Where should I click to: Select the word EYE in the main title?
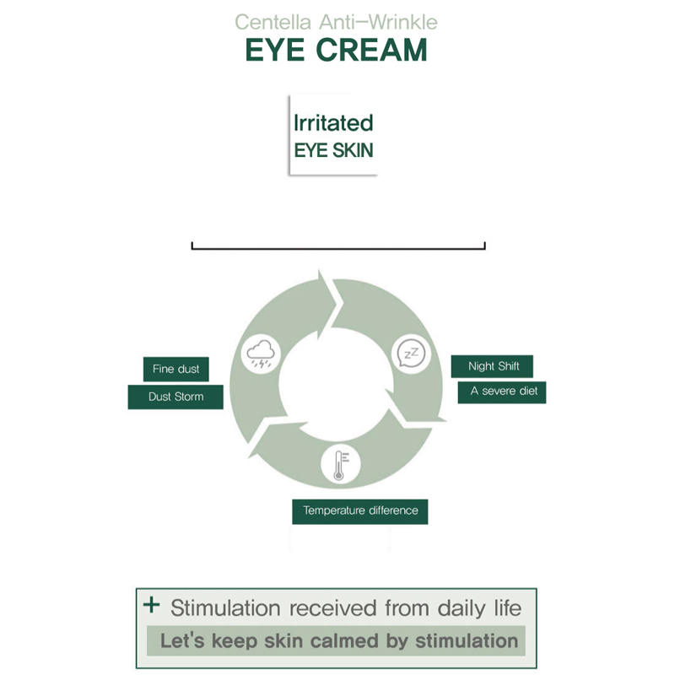click(x=276, y=50)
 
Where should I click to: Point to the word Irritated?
click(x=332, y=123)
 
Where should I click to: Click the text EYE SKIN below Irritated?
click(x=332, y=151)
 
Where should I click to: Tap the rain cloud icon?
click(x=258, y=354)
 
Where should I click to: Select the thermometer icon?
click(x=339, y=464)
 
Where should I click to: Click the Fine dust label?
click(x=175, y=370)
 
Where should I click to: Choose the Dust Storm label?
click(x=175, y=397)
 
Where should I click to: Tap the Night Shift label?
click(x=494, y=366)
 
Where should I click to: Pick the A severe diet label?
click(x=504, y=391)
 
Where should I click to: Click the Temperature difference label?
click(x=360, y=510)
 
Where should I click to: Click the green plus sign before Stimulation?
click(x=152, y=605)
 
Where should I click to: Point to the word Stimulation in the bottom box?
click(x=225, y=607)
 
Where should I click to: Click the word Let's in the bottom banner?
click(x=182, y=640)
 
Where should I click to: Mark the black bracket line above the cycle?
click(x=337, y=248)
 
